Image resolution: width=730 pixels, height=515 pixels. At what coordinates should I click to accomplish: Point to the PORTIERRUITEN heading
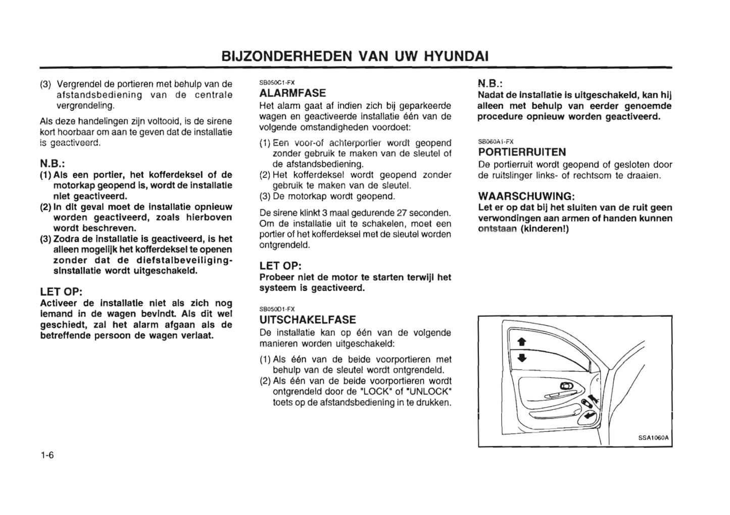[x=522, y=152]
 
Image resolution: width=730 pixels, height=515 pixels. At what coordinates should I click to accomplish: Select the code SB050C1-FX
[x=277, y=82]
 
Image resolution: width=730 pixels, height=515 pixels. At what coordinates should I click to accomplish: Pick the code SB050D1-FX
[x=277, y=309]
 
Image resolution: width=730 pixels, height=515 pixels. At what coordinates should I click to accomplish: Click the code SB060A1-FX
[x=496, y=142]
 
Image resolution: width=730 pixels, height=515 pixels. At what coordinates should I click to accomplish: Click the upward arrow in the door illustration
[x=522, y=342]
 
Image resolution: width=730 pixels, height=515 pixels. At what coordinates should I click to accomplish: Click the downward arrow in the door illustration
[x=522, y=357]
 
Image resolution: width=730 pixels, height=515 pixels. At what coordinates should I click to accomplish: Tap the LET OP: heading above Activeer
[x=61, y=292]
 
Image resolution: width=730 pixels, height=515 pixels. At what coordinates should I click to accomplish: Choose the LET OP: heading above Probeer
[x=280, y=266]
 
